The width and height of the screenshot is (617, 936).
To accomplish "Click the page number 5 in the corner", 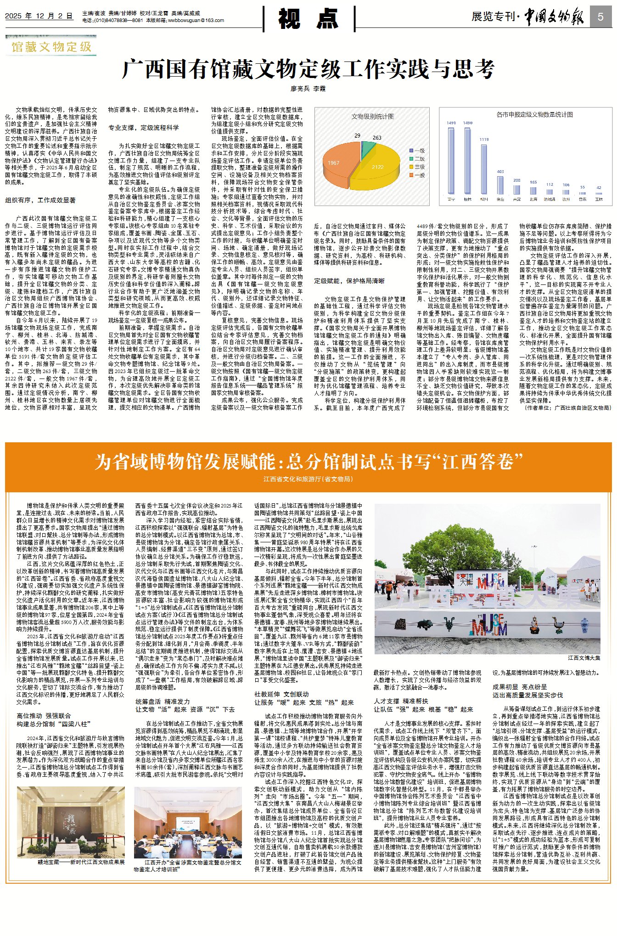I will (601, 17).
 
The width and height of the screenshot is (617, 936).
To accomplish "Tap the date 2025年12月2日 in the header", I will (39, 16).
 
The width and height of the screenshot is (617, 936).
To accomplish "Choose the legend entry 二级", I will (417, 159).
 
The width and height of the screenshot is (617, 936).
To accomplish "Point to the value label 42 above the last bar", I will (599, 187).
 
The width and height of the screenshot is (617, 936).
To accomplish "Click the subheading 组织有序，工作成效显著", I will (40, 200).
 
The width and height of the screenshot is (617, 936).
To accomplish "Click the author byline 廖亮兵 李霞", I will (308, 88).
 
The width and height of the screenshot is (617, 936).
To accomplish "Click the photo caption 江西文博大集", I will (584, 658).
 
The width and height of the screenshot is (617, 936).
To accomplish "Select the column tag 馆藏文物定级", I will (51, 47).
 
